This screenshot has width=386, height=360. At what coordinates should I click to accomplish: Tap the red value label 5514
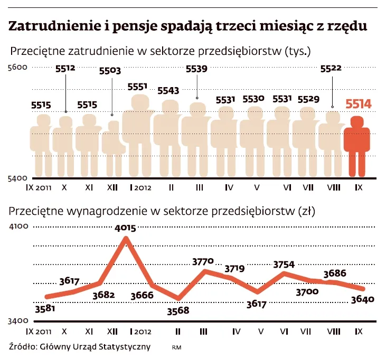[359, 104]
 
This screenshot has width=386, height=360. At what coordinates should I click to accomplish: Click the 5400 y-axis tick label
[16, 178]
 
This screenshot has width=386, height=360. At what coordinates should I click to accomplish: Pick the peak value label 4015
[126, 228]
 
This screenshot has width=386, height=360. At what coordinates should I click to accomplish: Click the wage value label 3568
[178, 310]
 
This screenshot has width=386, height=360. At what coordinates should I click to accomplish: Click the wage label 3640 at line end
[362, 299]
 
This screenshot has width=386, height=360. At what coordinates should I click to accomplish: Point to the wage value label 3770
[204, 261]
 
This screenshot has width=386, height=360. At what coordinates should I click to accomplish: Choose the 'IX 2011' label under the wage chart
[39, 331]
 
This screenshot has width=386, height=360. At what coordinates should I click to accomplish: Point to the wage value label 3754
[284, 264]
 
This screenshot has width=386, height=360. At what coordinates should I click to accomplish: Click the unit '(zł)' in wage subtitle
[306, 211]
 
